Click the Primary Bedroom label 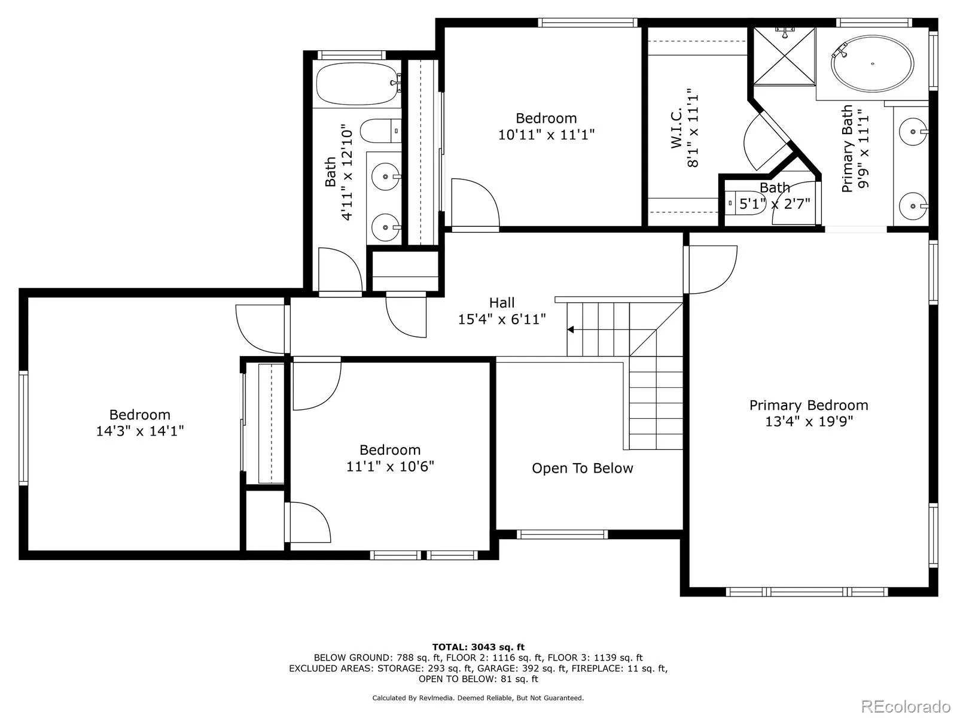[809, 405]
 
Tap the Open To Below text [582, 468]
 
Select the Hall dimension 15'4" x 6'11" [502, 319]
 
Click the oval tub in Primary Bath [873, 64]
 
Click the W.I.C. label [676, 129]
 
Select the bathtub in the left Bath [356, 84]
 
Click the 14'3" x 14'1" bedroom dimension [139, 430]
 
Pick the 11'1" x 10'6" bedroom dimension [390, 466]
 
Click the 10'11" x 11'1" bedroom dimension [546, 135]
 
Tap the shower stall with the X [784, 56]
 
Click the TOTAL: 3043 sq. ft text [478, 647]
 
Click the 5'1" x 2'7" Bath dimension [775, 203]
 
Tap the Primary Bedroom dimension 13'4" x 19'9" [809, 421]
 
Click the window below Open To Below [562, 534]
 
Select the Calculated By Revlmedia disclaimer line [478, 698]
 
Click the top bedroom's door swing [475, 203]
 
